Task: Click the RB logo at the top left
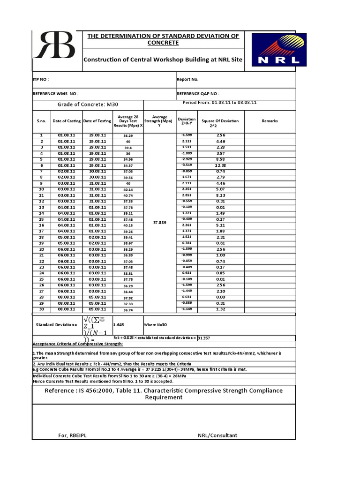[x=57, y=46]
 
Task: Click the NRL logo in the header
[x=278, y=49]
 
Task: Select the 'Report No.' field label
[x=187, y=80]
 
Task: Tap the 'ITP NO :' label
[x=41, y=80]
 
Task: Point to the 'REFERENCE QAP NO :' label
[x=198, y=94]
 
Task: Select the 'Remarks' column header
[x=270, y=121]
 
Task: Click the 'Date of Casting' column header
[x=66, y=121]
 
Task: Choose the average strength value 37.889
[x=160, y=223]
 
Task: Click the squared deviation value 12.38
[x=220, y=165]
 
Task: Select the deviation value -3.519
[x=187, y=165]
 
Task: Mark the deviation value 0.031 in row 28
[x=187, y=297]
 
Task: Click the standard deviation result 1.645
[x=120, y=324]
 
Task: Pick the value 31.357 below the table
[x=204, y=337]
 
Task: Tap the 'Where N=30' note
[x=157, y=324]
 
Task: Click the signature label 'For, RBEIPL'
[x=72, y=435]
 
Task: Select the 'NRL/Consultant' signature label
[x=217, y=435]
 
